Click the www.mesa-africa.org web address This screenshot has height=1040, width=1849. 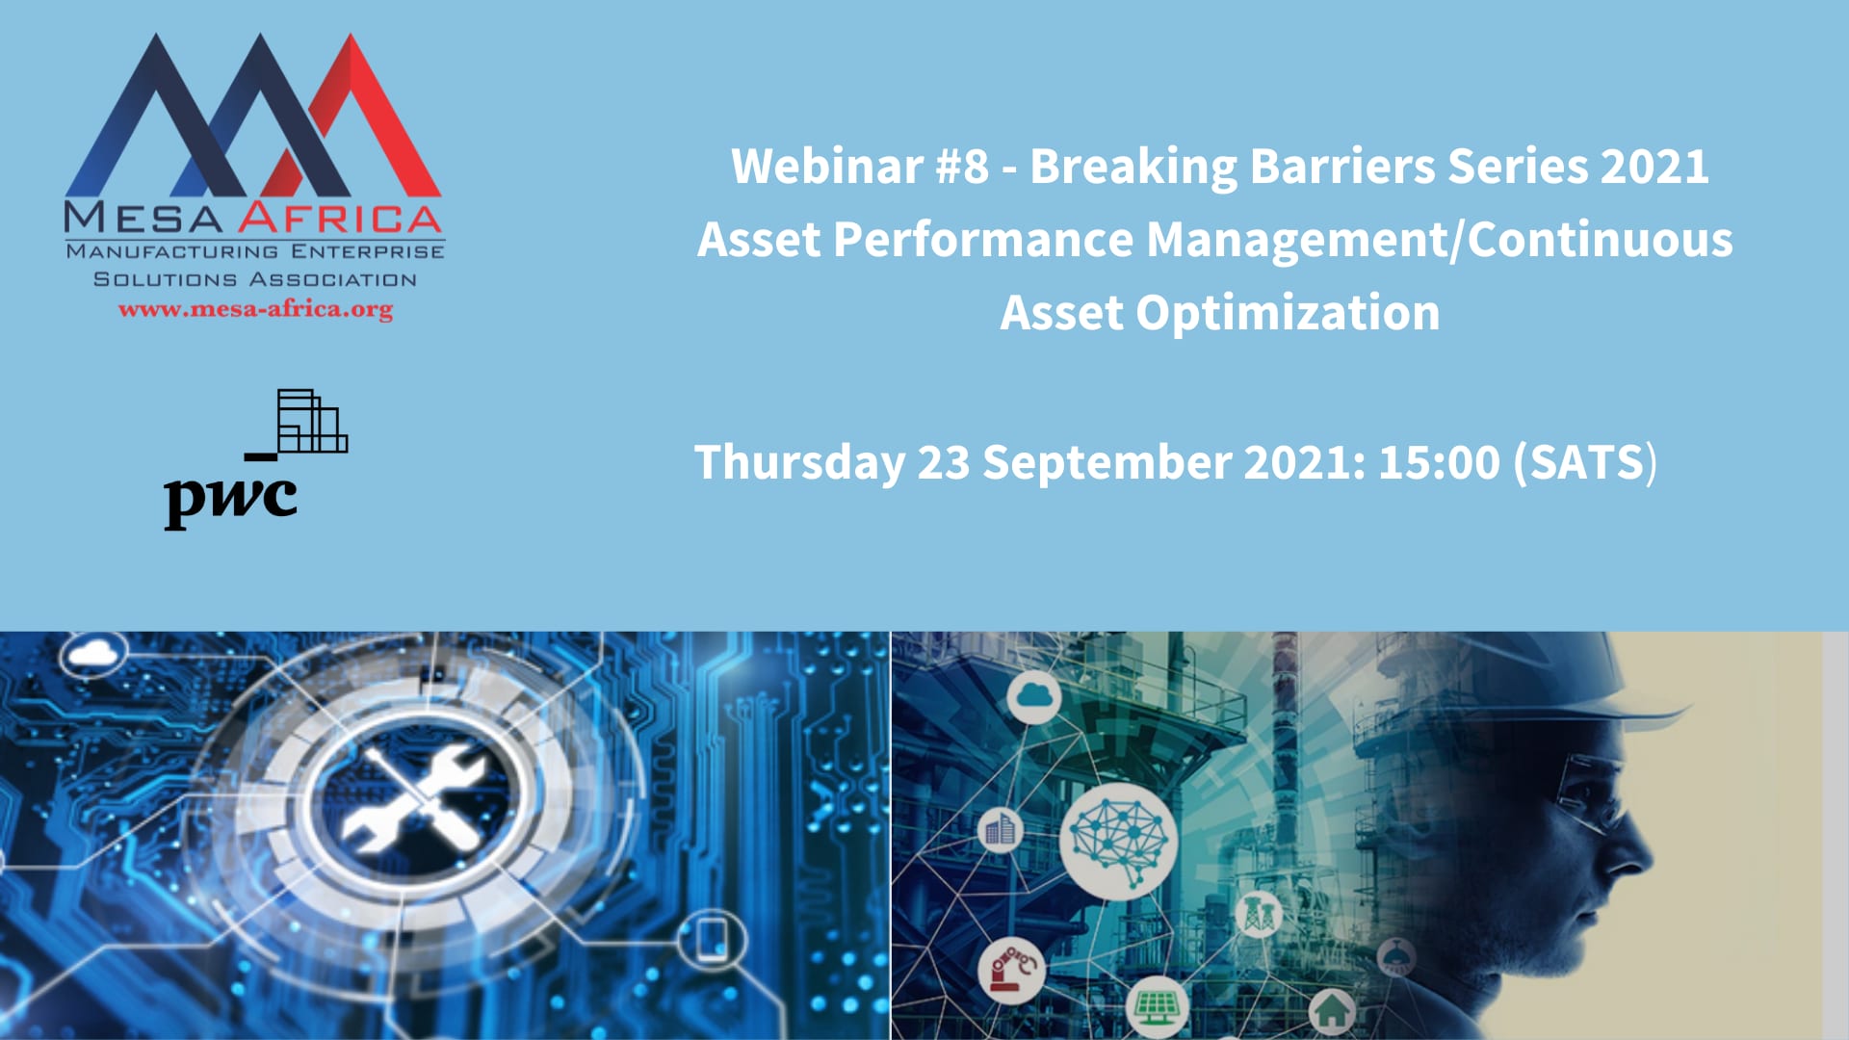[255, 310]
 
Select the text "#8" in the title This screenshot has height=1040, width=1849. [962, 166]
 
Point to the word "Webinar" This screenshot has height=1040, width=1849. [827, 166]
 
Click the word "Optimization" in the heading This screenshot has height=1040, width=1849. [1288, 314]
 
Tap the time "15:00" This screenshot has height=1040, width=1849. [1439, 462]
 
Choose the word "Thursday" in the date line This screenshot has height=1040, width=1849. [799, 463]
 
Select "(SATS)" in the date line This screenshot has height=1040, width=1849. [1585, 462]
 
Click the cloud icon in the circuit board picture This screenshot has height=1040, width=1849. [93, 655]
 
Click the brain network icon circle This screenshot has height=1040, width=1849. [1118, 840]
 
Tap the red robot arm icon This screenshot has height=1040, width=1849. [1011, 968]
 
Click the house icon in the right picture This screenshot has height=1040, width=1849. [1332, 1011]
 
